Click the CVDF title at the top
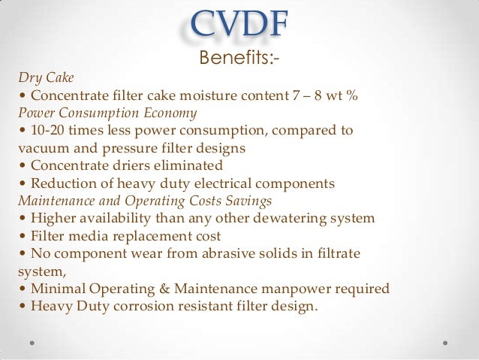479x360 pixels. (239, 24)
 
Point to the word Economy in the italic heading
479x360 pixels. (171, 113)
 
